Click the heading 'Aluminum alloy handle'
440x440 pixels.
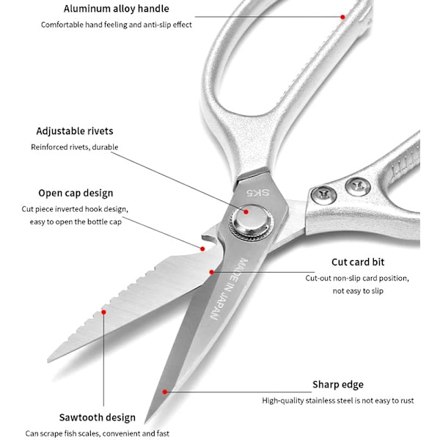[x=116, y=9]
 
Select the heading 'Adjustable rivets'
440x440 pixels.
[x=75, y=131]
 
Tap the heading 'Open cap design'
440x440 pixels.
[x=76, y=193]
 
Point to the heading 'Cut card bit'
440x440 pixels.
[x=358, y=262]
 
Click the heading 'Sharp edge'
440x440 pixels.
[x=338, y=384]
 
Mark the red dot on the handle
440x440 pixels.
[x=342, y=16]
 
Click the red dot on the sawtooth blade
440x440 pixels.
[x=103, y=312]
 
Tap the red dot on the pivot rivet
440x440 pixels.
[x=246, y=211]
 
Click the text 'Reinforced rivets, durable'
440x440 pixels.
[x=74, y=147]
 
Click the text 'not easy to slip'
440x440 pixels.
[x=358, y=291]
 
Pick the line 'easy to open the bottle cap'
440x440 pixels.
[x=76, y=221]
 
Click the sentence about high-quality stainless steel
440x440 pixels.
[x=338, y=400]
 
